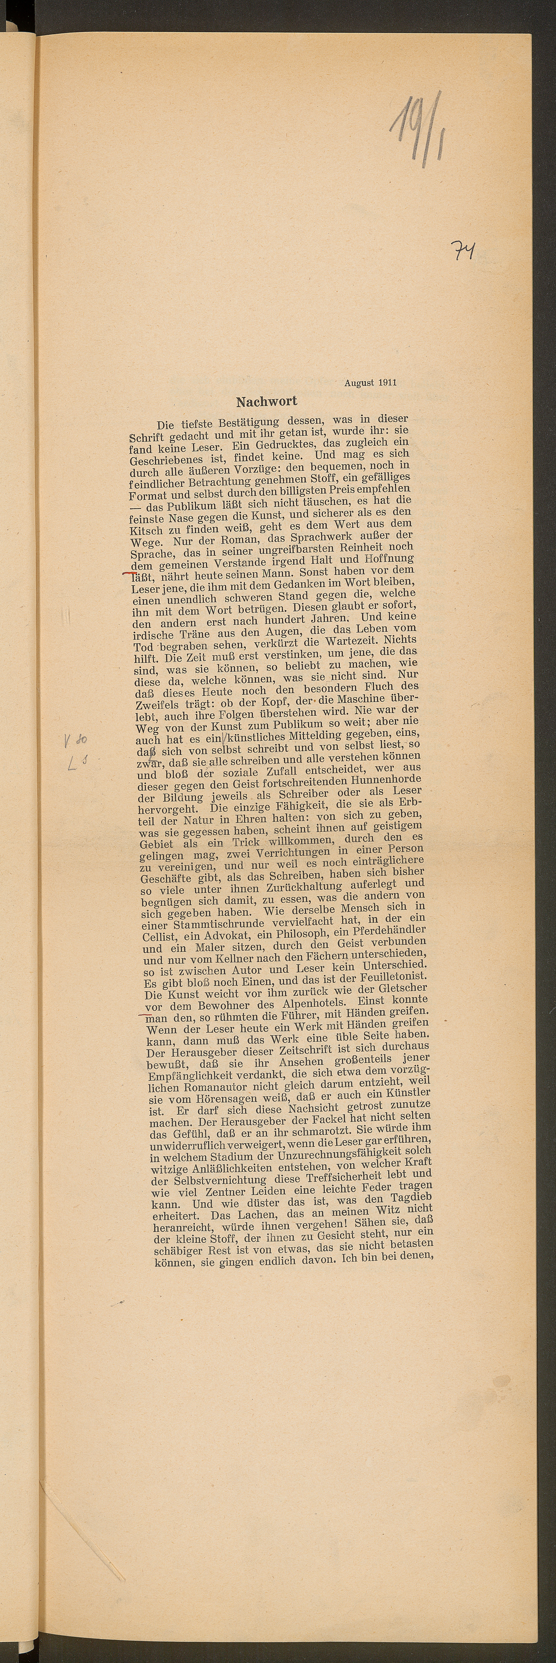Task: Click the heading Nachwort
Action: pyautogui.click(x=266, y=402)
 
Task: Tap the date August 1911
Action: pyautogui.click(x=370, y=382)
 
